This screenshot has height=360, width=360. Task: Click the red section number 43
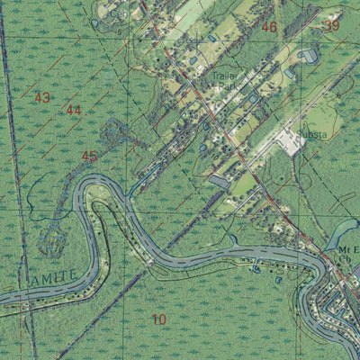[x=42, y=96]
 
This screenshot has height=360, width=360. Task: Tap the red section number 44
[x=74, y=110]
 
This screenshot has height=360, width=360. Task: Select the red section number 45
[x=89, y=156]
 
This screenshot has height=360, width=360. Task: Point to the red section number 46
[x=269, y=28]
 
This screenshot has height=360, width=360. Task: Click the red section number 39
[x=332, y=26]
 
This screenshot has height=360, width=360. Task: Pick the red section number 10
[x=159, y=319]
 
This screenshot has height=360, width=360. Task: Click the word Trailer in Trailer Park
[x=224, y=78]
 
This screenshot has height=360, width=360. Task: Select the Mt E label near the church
[x=347, y=247]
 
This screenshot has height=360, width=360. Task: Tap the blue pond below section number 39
[x=310, y=56]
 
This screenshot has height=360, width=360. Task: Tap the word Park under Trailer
[x=226, y=88]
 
